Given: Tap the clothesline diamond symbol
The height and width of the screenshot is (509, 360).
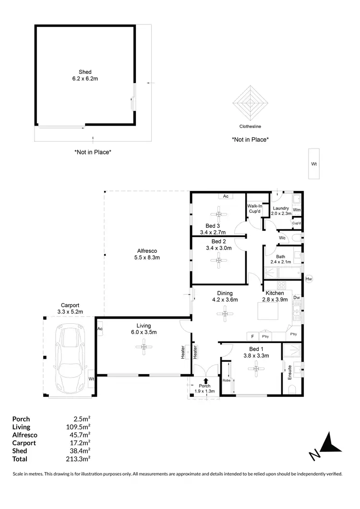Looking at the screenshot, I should [250, 102].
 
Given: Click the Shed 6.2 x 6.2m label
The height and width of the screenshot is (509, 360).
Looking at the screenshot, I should [85, 76].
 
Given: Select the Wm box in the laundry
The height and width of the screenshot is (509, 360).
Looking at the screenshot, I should [297, 210].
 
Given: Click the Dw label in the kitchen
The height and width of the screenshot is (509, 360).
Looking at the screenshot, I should [297, 298].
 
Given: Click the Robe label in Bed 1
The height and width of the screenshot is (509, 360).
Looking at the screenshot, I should [227, 380].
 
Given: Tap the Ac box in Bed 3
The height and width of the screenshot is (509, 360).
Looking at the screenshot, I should [225, 196].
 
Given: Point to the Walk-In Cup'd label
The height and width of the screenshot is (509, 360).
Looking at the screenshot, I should [254, 208].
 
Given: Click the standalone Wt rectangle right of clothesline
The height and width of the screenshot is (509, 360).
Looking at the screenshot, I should [314, 164].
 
